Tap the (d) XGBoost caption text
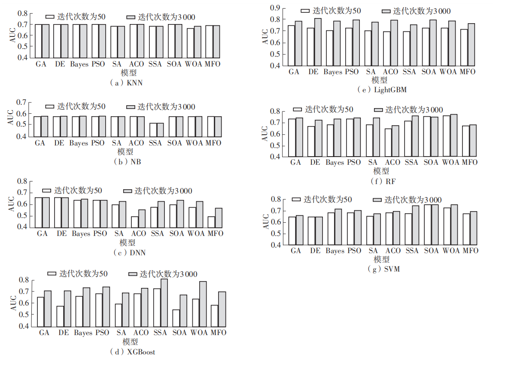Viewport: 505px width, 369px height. coord(133,352)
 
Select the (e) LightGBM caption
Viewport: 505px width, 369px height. coord(382,90)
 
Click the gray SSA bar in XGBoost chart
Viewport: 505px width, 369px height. coord(164,302)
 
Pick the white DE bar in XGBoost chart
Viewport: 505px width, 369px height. coord(60,316)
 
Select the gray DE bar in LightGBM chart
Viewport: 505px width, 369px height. coord(318,42)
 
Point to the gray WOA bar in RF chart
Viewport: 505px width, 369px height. coord(453,135)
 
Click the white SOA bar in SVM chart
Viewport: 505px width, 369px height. coord(428,224)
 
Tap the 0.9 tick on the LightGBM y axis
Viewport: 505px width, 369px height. coord(274,8)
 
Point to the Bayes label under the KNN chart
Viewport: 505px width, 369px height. coord(79,64)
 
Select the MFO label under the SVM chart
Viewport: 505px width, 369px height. coord(470,251)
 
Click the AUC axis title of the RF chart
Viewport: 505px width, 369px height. coord(265,133)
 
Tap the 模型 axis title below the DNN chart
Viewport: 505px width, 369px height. coord(128,243)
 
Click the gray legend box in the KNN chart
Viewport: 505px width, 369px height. coord(131,17)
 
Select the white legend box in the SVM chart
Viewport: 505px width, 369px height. coord(296,200)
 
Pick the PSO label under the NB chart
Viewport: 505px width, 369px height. coord(98,143)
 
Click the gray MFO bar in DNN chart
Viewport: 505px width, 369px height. coord(219,217)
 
